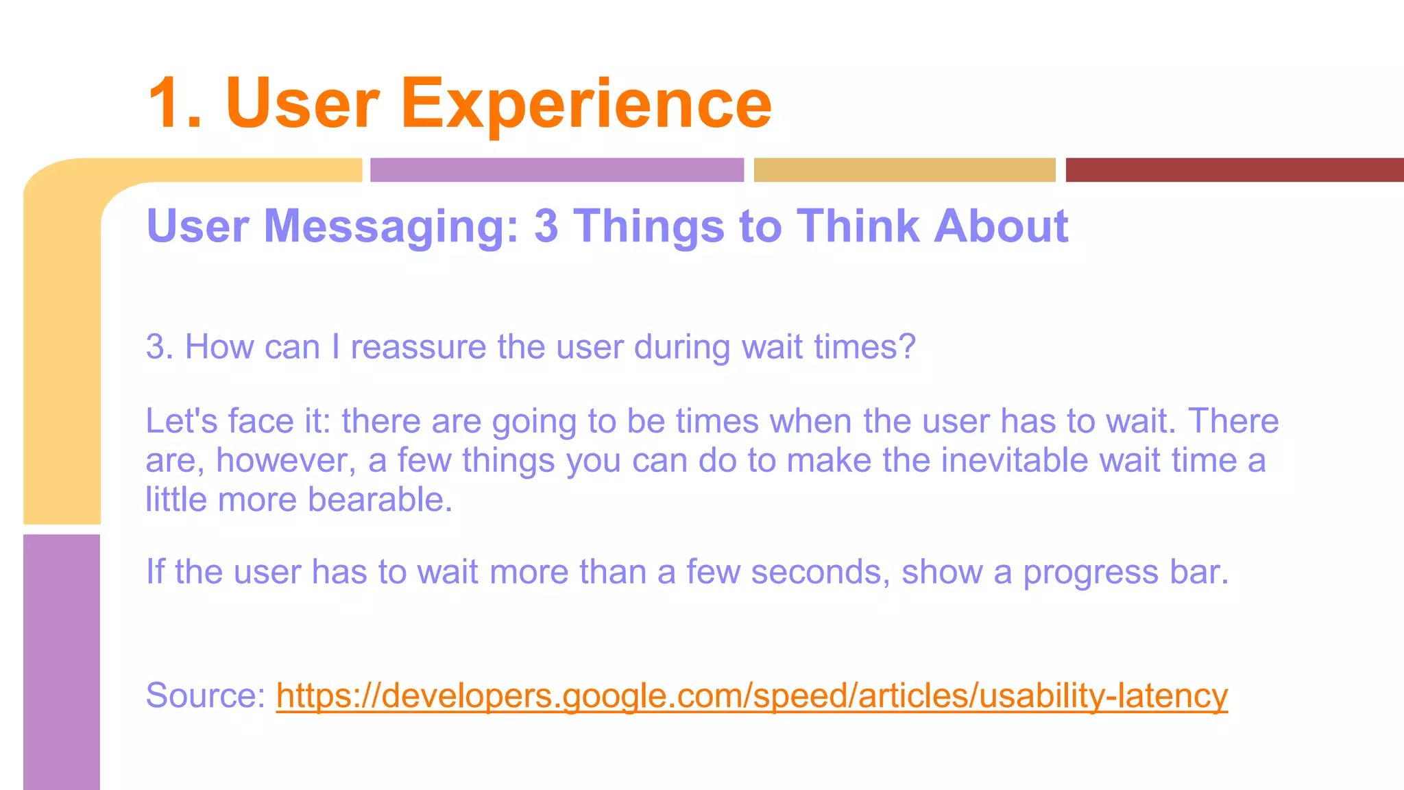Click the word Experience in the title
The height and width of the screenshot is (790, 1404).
click(x=586, y=104)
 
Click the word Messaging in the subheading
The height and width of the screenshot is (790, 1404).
click(x=391, y=227)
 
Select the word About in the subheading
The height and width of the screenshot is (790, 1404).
click(x=1000, y=226)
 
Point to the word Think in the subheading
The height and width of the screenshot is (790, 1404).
click(x=858, y=226)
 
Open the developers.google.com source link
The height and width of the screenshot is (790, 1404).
click(x=751, y=695)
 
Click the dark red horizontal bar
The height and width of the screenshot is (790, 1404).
click(x=1234, y=170)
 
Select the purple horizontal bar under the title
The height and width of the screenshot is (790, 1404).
click(x=557, y=170)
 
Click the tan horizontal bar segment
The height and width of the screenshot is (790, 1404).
click(x=904, y=170)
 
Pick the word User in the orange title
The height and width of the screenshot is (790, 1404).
click(x=302, y=104)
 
